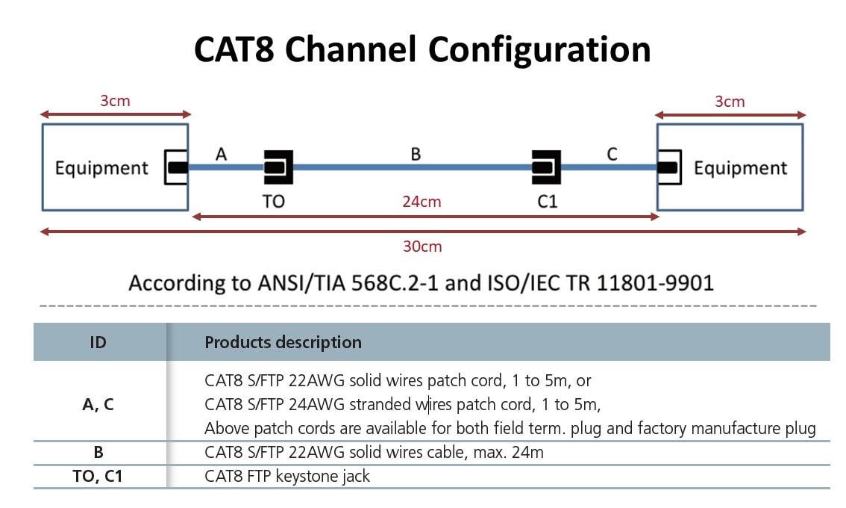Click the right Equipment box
(x=739, y=167)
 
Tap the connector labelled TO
(x=278, y=167)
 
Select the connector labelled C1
(x=546, y=167)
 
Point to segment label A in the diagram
(x=221, y=154)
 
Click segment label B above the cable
(x=416, y=154)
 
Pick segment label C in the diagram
(x=612, y=154)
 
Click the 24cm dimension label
(x=422, y=202)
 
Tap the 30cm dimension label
(x=422, y=247)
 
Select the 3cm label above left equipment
(x=115, y=101)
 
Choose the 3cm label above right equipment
(x=729, y=101)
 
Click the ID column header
(x=98, y=342)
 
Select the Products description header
(x=283, y=342)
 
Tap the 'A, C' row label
(x=98, y=405)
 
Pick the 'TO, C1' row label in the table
(x=98, y=476)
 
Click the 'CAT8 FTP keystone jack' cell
(x=287, y=476)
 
